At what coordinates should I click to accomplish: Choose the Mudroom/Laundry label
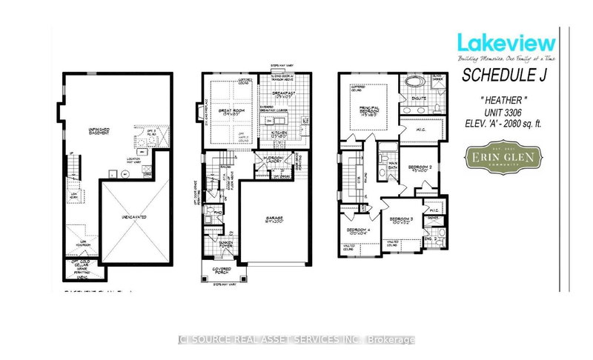click(267, 159)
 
